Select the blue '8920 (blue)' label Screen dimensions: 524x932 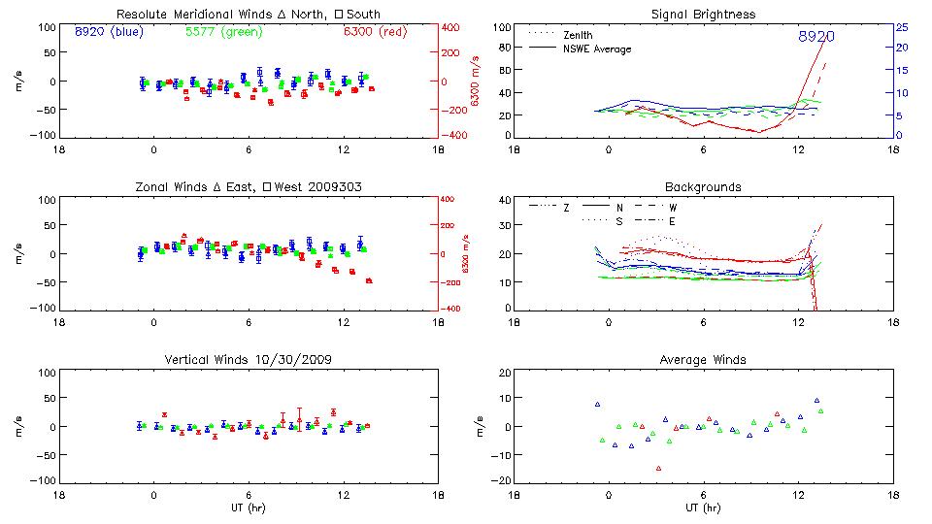point(108,31)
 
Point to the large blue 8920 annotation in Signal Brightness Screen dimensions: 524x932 point(815,36)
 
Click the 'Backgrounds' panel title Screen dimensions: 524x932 point(703,186)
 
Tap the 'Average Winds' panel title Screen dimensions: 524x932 point(703,359)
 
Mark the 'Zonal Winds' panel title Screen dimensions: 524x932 point(249,186)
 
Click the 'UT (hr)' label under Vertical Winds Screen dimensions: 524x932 point(249,508)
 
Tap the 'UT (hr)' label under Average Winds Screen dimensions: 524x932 point(703,508)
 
